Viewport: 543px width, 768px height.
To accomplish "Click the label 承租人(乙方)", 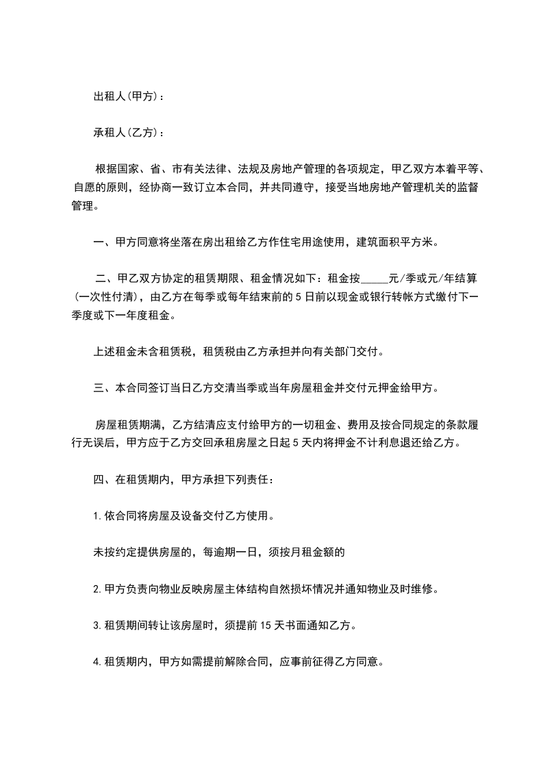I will [x=128, y=132].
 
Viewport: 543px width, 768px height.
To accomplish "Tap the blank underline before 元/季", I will [x=374, y=279].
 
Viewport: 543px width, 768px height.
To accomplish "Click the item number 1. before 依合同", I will [x=97, y=516].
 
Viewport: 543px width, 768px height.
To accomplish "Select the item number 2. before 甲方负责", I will [x=97, y=589].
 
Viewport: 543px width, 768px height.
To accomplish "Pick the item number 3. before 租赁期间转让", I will [x=97, y=625].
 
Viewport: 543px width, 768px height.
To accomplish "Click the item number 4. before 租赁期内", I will [x=97, y=662].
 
